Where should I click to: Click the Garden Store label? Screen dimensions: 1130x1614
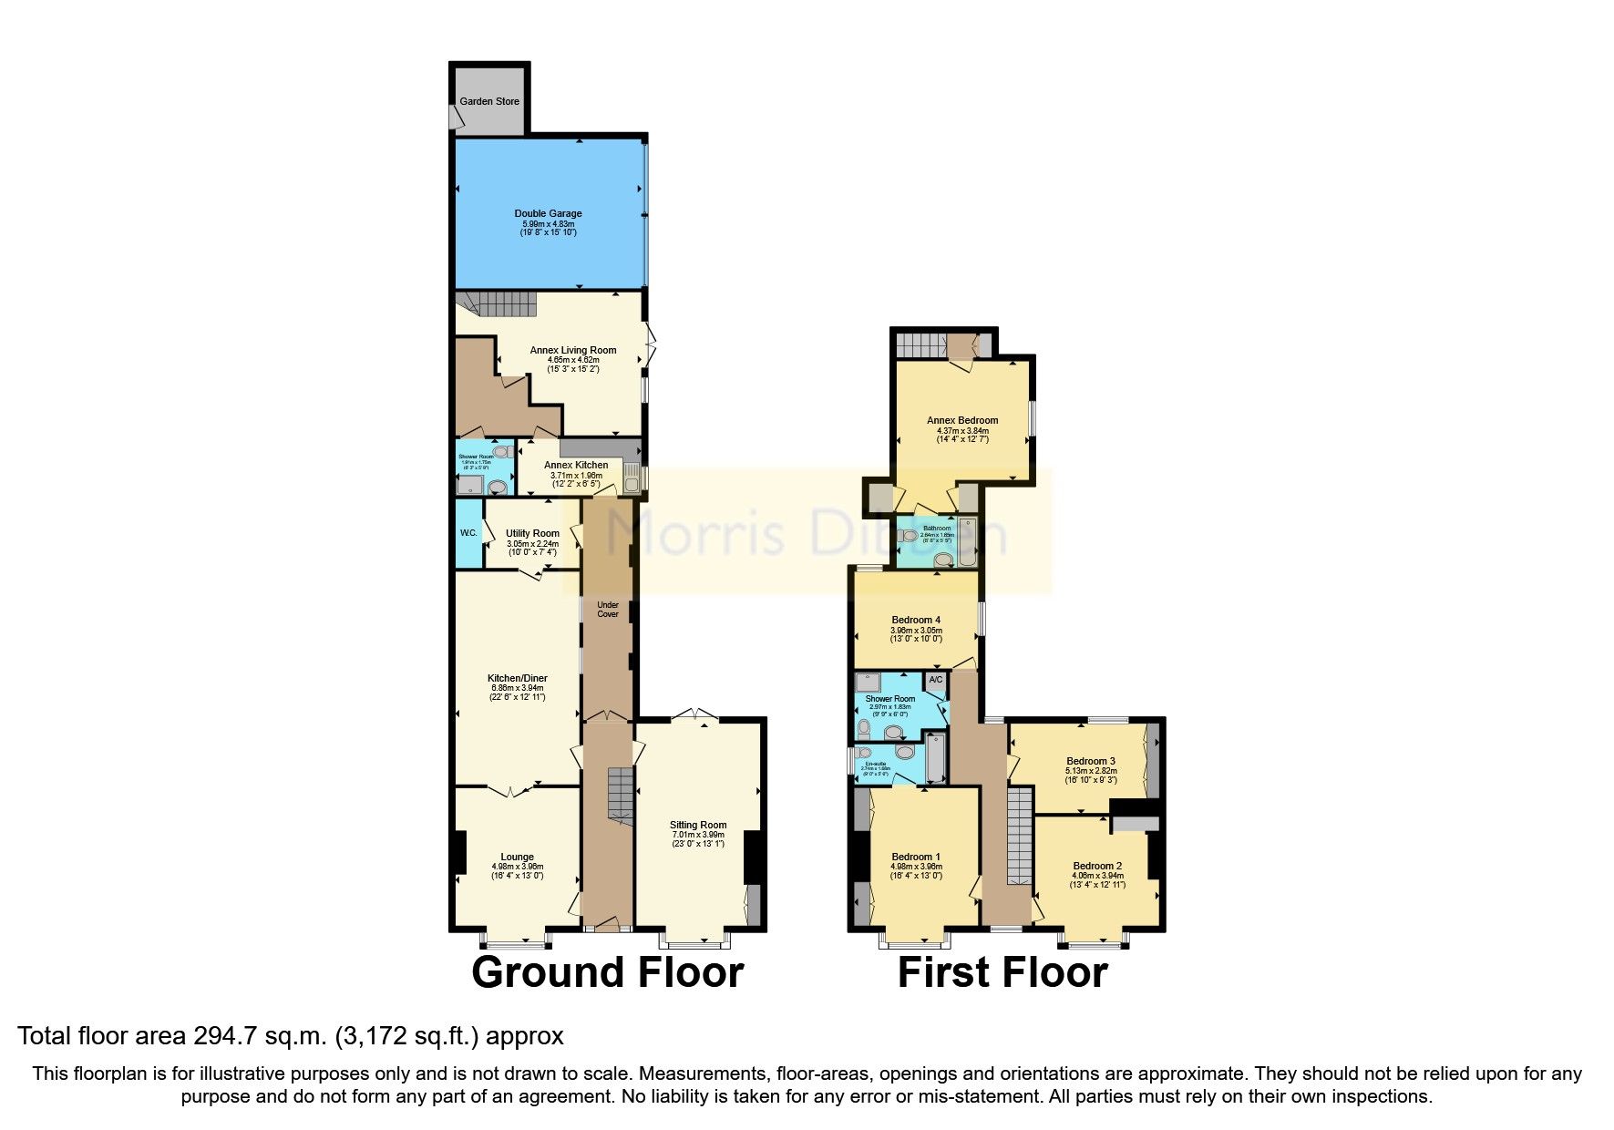489,101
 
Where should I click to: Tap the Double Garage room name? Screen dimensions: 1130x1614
548,213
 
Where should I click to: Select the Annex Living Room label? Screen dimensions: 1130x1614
573,350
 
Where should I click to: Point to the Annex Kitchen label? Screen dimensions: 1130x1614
576,465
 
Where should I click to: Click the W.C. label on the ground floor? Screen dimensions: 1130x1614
468,533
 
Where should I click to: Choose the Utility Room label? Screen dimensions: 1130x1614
532,533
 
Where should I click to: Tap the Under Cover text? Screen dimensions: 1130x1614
608,610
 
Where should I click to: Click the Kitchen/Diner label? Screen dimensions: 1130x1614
518,679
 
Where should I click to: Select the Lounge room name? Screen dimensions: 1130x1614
517,857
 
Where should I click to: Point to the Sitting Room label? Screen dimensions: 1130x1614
698,825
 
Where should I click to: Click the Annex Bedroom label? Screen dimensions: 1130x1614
962,420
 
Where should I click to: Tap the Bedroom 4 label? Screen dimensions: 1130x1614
916,620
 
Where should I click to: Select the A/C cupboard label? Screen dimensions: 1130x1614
936,681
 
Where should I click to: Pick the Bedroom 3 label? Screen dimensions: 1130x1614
1091,761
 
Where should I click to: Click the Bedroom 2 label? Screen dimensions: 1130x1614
1097,866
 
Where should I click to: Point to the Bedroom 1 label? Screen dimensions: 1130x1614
916,857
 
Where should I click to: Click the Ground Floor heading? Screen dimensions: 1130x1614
608,972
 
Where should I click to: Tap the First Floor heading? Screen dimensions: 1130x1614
1002,972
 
